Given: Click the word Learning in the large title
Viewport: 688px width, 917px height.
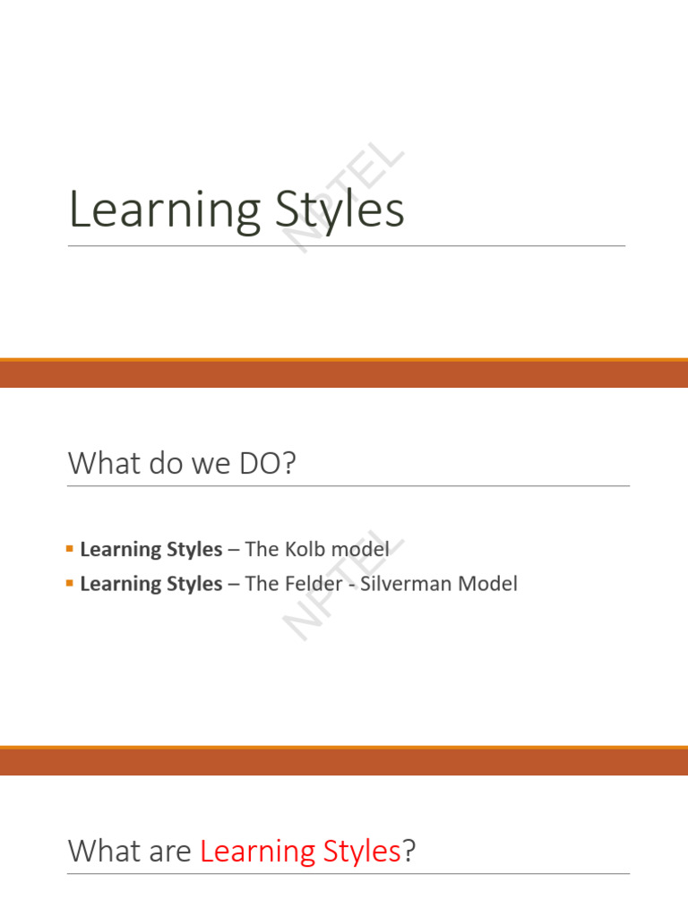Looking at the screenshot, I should tap(164, 211).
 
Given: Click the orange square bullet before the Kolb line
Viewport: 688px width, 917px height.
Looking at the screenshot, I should tap(70, 548).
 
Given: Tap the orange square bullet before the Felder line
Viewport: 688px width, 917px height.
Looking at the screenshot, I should tap(70, 583).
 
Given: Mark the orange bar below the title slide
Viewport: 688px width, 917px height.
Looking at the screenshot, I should tap(344, 373).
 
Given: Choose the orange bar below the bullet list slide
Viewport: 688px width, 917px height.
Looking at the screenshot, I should tap(344, 761).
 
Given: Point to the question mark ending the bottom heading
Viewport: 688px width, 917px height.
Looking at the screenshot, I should tap(410, 852).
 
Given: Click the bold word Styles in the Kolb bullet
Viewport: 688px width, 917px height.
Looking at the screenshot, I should tap(195, 549).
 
